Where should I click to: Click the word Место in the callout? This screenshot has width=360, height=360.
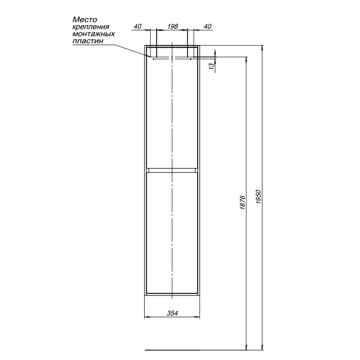[85, 19]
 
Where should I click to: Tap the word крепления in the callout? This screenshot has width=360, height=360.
[91, 27]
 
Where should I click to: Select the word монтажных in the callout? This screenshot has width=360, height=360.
[94, 34]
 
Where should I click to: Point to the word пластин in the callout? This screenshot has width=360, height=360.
[88, 41]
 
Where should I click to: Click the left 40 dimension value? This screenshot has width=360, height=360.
[138, 26]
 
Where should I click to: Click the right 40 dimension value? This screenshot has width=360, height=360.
[207, 26]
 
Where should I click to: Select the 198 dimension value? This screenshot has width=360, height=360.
[172, 26]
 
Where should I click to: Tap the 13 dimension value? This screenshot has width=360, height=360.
[212, 65]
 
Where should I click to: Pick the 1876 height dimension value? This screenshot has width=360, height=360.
[243, 202]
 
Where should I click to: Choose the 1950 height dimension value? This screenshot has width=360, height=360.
[259, 197]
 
